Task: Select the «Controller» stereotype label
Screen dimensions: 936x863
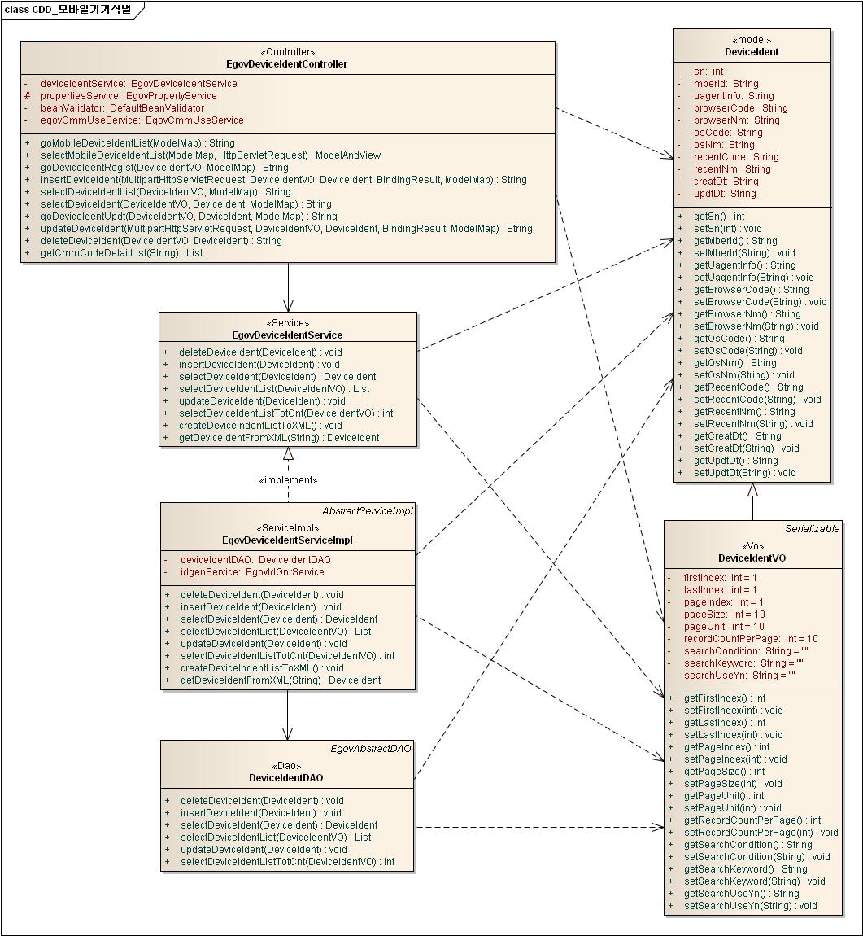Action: [x=287, y=52]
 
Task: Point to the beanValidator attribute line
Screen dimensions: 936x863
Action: [x=122, y=107]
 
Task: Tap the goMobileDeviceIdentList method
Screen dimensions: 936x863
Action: [x=137, y=142]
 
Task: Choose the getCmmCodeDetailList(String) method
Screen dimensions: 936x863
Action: [x=121, y=252]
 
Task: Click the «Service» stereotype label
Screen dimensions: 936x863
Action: [x=287, y=322]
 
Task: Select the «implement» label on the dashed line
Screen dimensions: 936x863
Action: [x=288, y=480]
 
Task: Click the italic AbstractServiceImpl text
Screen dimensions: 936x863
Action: [x=368, y=511]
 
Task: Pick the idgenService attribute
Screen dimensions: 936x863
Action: [x=251, y=572]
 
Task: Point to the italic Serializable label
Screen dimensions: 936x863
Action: [x=812, y=529]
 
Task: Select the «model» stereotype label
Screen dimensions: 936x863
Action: [x=752, y=40]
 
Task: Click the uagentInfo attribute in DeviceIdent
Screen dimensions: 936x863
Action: [x=729, y=95]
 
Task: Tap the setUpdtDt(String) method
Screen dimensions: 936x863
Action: [x=744, y=472]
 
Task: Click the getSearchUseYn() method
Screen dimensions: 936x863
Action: [x=730, y=893]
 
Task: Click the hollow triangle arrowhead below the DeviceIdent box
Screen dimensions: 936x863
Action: [x=752, y=489]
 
